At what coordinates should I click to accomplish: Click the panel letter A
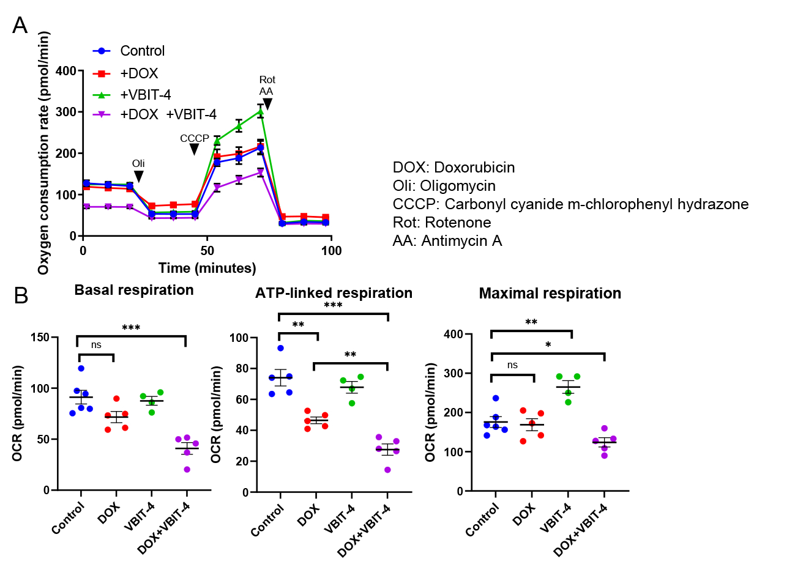(x=20, y=26)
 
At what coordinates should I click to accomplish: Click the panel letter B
(x=21, y=296)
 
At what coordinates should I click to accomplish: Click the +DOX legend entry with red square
(x=125, y=73)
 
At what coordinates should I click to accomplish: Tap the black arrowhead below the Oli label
(x=139, y=177)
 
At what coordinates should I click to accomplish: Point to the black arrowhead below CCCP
(x=195, y=149)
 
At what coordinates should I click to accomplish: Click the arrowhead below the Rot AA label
(x=267, y=104)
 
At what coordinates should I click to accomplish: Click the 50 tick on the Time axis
(x=207, y=251)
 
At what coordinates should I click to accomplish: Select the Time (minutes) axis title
(x=207, y=269)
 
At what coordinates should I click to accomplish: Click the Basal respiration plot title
(x=134, y=290)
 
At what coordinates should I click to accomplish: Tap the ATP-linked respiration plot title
(x=334, y=293)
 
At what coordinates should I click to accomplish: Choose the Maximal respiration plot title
(x=550, y=294)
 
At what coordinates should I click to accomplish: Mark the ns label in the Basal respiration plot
(x=96, y=345)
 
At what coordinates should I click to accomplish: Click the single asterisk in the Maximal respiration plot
(x=548, y=346)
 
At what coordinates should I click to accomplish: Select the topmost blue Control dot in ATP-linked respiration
(x=280, y=348)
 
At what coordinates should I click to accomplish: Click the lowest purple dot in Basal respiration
(x=187, y=469)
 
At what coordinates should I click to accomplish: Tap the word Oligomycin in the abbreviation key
(x=458, y=186)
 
